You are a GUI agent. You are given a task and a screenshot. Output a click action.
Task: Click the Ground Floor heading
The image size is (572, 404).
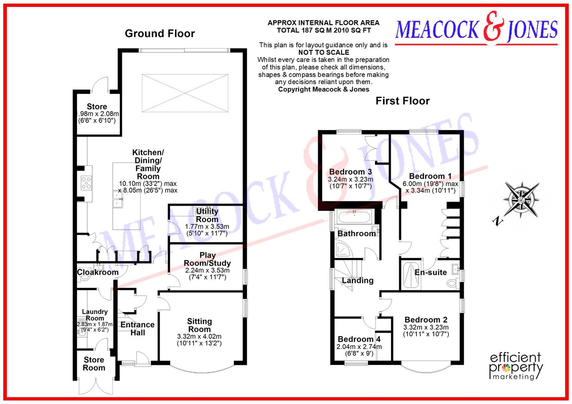click(160, 34)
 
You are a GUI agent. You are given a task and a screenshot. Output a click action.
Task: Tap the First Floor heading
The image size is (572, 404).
click(402, 101)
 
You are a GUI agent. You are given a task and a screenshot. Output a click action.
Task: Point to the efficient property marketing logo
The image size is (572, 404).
click(516, 366)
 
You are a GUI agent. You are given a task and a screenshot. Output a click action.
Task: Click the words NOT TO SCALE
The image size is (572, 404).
click(323, 52)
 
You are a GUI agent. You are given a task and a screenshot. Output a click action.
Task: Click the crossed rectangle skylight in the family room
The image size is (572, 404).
click(185, 93)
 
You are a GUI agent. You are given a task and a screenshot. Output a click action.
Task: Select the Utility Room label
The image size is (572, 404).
click(207, 215)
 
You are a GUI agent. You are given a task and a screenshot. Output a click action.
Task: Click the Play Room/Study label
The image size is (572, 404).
click(207, 259)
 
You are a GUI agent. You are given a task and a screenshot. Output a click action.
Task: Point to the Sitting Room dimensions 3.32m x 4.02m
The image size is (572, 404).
click(199, 336)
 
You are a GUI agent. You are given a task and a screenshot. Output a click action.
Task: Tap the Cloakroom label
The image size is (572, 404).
click(98, 272)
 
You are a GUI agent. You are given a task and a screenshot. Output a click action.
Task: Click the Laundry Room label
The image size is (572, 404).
click(95, 315)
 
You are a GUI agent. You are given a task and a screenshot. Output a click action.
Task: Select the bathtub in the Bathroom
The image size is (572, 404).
click(354, 216)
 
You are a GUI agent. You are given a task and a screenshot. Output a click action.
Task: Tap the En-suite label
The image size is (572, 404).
click(430, 272)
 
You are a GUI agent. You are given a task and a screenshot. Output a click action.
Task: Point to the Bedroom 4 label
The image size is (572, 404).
click(359, 339)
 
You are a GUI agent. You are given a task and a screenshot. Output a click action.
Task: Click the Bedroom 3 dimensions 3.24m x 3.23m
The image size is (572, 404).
click(350, 179)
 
